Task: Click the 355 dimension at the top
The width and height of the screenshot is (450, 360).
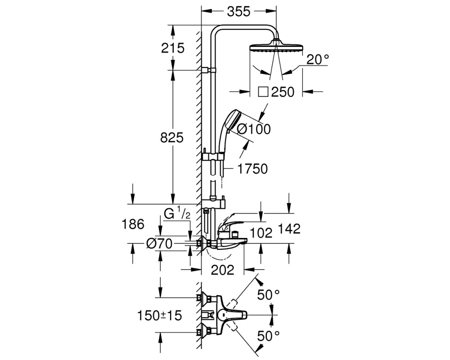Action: click(239, 12)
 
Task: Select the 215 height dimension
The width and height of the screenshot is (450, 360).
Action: click(172, 48)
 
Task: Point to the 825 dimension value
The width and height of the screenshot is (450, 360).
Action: click(171, 138)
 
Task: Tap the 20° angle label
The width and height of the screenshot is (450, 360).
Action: click(317, 59)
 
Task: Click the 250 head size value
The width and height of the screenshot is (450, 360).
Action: click(283, 92)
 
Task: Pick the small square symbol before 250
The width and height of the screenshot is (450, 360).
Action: click(263, 92)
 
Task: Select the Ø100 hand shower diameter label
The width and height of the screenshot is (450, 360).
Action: click(254, 129)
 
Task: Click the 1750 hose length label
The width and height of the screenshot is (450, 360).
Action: click(252, 169)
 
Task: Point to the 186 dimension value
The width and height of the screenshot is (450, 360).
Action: click(133, 224)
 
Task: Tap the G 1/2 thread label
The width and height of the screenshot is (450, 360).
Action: click(177, 214)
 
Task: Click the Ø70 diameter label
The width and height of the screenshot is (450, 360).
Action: click(159, 244)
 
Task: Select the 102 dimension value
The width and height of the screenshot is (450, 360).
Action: click(261, 233)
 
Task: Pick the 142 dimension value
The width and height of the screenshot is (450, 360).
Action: click(289, 229)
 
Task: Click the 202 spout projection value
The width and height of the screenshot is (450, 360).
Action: click(223, 270)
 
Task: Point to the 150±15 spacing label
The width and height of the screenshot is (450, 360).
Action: click(160, 316)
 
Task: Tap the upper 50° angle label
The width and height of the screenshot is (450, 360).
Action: click(268, 295)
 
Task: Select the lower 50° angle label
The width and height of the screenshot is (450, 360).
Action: click(268, 336)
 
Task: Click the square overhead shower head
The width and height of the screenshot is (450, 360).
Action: click(276, 47)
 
